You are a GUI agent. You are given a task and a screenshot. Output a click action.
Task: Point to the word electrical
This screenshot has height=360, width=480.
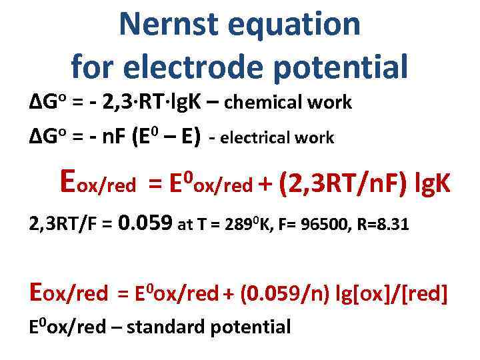click(x=256, y=138)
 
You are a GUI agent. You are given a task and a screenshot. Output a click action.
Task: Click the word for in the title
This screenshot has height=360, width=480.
click(x=95, y=66)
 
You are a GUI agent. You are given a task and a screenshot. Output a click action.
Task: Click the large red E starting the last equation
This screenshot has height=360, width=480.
click(x=38, y=291)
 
